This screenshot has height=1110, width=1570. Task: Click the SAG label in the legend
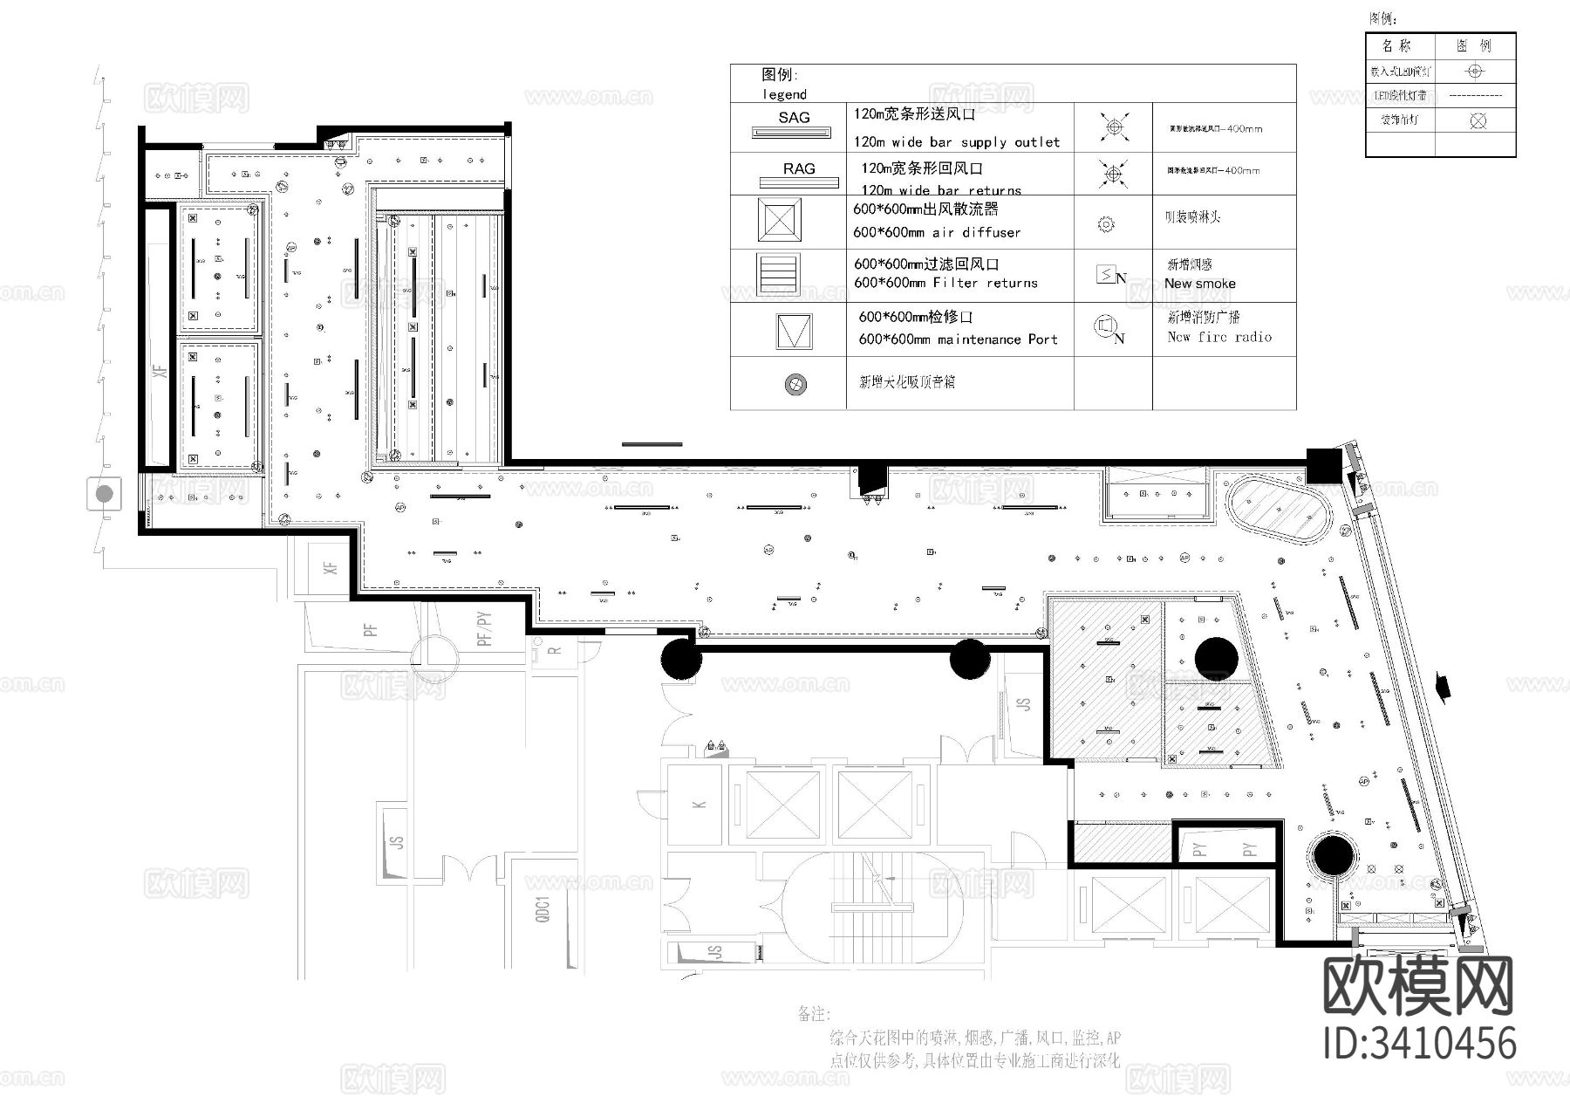(x=794, y=118)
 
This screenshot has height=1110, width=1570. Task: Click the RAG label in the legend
(x=799, y=169)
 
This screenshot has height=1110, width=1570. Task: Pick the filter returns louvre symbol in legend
(x=779, y=276)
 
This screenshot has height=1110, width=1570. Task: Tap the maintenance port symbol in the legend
(x=794, y=331)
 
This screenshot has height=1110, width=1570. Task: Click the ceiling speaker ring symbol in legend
(x=795, y=384)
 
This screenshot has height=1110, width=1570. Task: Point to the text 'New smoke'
(x=1199, y=284)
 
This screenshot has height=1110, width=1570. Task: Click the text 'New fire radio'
(x=1218, y=337)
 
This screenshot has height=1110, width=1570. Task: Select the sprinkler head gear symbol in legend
(x=1105, y=224)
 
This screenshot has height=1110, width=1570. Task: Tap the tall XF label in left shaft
(x=160, y=370)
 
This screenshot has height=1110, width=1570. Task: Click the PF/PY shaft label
(x=484, y=628)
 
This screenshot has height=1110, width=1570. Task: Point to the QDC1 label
(x=543, y=910)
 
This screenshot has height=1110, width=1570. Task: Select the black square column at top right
(x=1322, y=465)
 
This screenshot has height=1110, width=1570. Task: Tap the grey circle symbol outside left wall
(x=105, y=494)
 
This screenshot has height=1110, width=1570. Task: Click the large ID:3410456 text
(x=1419, y=1044)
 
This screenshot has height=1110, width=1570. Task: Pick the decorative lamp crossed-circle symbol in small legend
(x=1476, y=120)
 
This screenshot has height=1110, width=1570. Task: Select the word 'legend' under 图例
(x=784, y=94)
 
